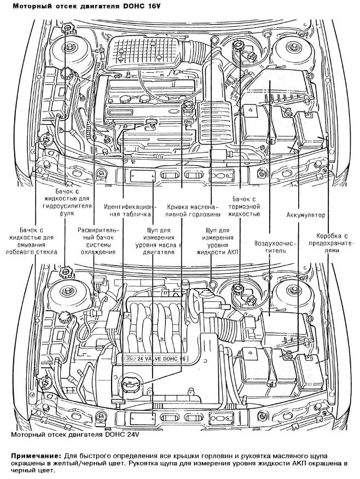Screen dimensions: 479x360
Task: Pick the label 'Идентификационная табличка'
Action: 131,211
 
